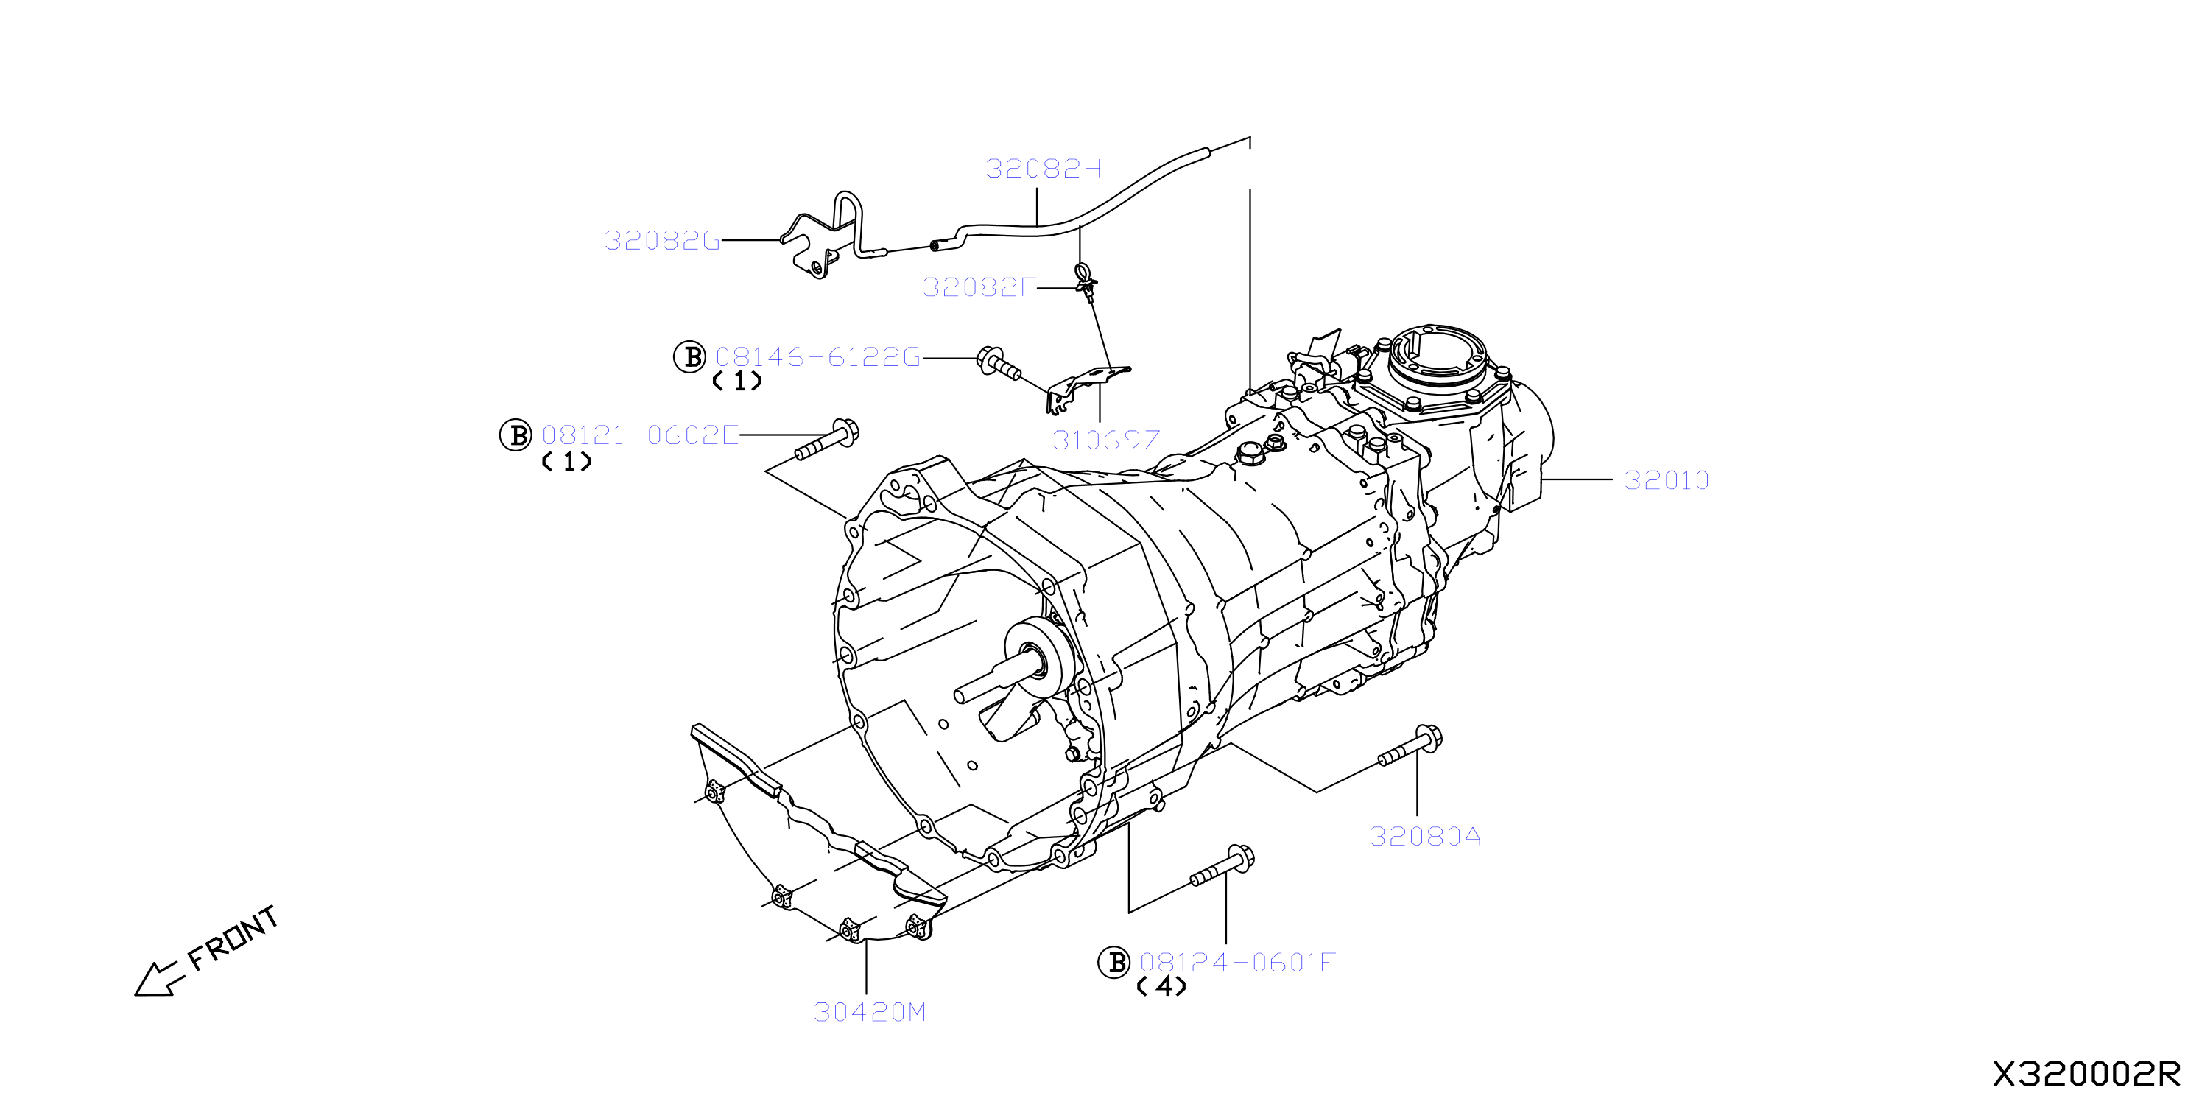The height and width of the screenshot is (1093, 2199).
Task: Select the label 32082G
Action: click(x=663, y=241)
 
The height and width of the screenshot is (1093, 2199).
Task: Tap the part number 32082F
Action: click(x=979, y=287)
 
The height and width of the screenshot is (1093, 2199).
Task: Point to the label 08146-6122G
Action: click(x=817, y=357)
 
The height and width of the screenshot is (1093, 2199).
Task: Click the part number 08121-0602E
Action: click(x=640, y=435)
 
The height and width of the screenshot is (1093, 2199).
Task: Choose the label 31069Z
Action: click(x=1106, y=440)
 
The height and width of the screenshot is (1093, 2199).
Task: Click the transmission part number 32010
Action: click(x=1667, y=480)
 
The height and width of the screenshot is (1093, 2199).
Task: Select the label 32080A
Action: click(x=1425, y=836)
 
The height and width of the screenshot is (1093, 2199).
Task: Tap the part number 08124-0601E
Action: click(x=1238, y=963)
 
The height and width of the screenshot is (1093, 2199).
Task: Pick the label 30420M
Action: click(x=870, y=1012)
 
